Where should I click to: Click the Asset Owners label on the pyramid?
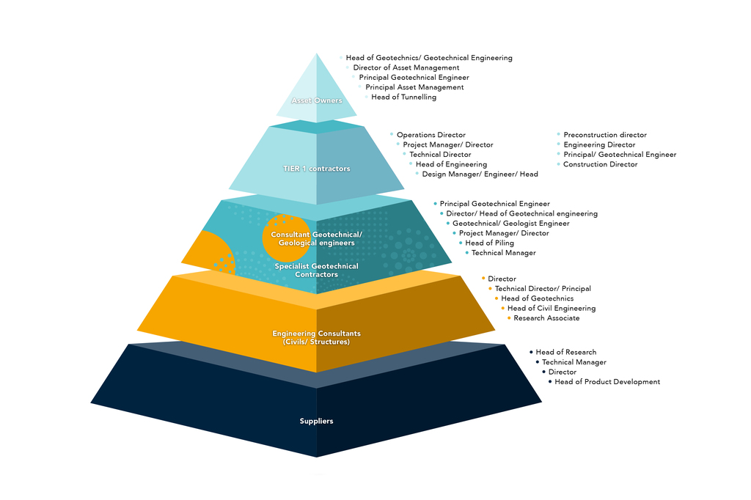[317, 100]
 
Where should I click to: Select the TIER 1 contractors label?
[317, 169]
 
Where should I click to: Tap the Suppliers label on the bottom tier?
[317, 421]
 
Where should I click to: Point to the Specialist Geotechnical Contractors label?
[317, 271]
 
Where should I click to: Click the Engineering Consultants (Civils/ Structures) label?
[317, 337]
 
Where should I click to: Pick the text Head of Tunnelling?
[403, 97]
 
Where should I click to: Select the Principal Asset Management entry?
[414, 87]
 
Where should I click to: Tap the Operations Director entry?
[431, 135]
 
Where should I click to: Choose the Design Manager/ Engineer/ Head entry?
[480, 174]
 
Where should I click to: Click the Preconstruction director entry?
[605, 135]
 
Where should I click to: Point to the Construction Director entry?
[601, 164]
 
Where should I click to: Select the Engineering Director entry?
[599, 144]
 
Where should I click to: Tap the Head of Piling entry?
[489, 243]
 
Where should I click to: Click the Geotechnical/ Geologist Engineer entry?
[510, 223]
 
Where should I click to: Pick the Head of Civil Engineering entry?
[552, 309]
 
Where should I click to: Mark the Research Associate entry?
[546, 318]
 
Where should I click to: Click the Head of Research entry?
[565, 353]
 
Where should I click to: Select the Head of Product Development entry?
[607, 382]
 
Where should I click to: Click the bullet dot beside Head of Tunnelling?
[366, 97]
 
